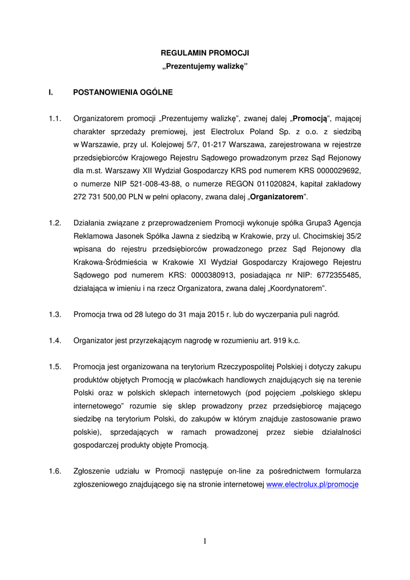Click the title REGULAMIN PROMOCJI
[x=205, y=53]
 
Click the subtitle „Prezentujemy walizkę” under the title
[x=205, y=67]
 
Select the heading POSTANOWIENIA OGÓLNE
[x=123, y=91]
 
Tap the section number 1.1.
[x=55, y=118]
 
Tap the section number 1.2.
[x=55, y=223]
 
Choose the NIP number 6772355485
[x=336, y=275]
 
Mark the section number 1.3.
[x=55, y=314]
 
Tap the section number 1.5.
[x=55, y=366]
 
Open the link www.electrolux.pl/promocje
[x=313, y=484]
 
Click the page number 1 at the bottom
[x=205, y=541]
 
